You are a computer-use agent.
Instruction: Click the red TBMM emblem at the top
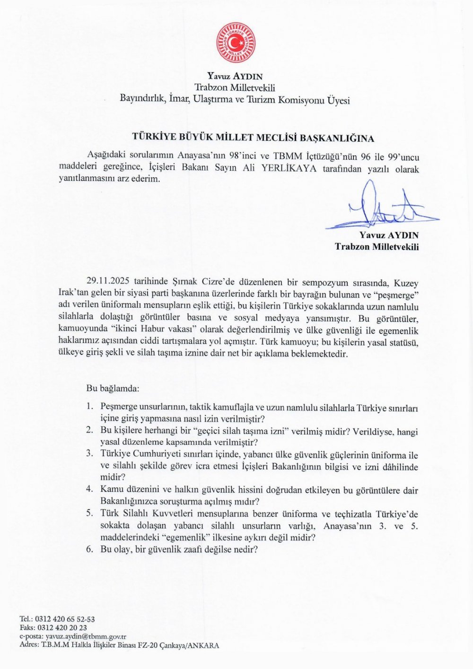click(236, 43)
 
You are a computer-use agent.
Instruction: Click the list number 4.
click(89, 490)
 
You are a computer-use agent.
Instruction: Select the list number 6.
click(89, 549)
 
